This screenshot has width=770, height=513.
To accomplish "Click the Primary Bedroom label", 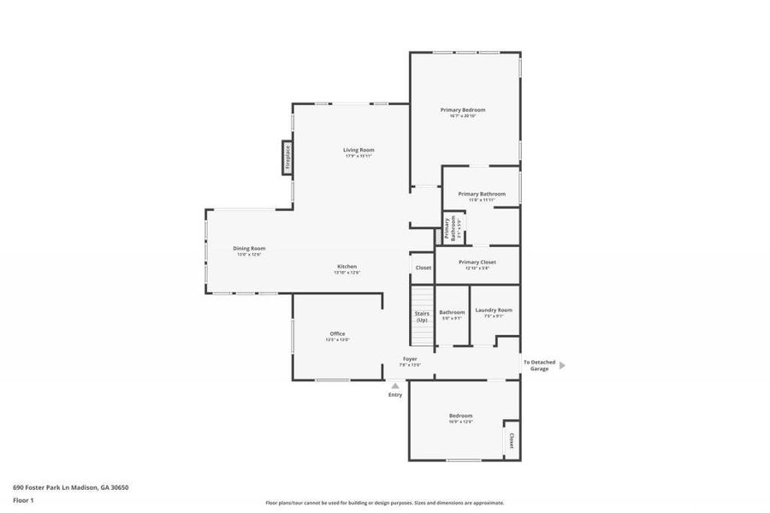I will coord(463,110).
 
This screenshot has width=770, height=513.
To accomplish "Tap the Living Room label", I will coord(359,150).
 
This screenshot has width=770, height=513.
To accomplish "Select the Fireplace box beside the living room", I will coord(287,157).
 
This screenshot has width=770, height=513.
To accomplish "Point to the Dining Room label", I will coord(249,249).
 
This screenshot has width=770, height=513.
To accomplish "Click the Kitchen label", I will coord(346,267).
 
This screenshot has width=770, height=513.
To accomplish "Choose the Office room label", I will coord(337,333).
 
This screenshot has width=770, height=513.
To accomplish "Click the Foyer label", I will coord(411,359).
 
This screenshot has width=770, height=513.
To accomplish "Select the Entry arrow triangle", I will coord(395,386).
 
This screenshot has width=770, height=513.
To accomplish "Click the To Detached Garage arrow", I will coord(562,365).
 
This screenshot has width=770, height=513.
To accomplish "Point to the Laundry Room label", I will coord(494,310).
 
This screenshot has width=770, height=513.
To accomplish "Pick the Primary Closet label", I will coord(477,262).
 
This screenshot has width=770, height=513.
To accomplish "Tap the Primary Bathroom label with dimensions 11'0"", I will coord(482,194).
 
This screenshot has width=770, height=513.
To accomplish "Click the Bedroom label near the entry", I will coord(460,416).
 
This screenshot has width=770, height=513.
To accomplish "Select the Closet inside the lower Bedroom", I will coord(512,440).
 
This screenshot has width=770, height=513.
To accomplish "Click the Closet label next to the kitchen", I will coord(423,268).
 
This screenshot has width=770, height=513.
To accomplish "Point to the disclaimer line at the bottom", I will coord(384,503).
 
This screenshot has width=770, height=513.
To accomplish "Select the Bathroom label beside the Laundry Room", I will coord(452,313).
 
